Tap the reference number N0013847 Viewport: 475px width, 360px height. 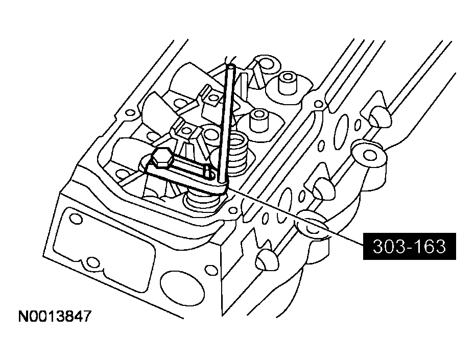(x=55, y=317)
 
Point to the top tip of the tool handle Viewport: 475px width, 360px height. (x=230, y=66)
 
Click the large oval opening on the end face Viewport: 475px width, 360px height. (x=176, y=282)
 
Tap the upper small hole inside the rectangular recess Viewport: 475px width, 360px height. (x=75, y=219)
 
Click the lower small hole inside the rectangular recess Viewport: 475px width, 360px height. (x=92, y=263)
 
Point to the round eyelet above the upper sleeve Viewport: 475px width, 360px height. (x=265, y=63)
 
